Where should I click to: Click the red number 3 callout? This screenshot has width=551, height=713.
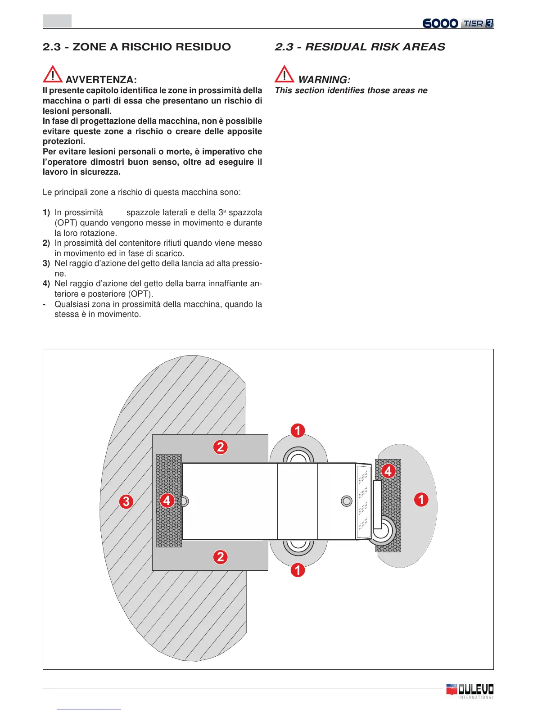point(126,501)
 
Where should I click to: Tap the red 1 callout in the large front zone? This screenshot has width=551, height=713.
point(421,499)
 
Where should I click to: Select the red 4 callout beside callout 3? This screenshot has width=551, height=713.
point(167,500)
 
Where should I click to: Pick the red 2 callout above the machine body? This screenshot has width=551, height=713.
point(220,447)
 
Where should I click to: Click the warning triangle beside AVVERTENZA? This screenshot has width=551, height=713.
point(53,74)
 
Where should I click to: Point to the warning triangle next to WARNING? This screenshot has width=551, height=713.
point(285,74)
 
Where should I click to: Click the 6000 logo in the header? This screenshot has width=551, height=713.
point(440,23)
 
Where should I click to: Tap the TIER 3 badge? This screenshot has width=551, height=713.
point(477,23)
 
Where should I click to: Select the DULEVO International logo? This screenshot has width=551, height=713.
point(470,690)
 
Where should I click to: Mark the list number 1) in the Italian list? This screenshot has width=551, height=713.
point(46,212)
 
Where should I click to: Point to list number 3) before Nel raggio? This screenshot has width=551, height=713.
point(46,263)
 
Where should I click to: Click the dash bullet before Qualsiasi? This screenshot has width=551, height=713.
point(44,304)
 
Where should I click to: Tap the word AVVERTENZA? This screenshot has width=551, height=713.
point(101,80)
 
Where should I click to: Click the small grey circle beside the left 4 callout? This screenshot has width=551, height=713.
point(183,501)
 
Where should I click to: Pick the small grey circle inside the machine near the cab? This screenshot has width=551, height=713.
point(347,501)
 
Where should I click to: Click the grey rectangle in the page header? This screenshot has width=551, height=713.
point(57,21)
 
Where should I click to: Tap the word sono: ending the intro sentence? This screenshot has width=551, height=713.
point(230,192)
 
